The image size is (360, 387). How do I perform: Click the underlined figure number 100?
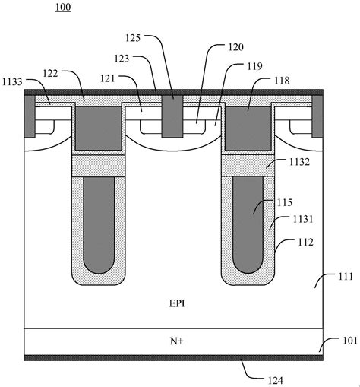63,7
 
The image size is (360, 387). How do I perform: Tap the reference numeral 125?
133,38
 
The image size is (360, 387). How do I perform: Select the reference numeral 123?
122,59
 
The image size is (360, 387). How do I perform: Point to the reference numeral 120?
236,47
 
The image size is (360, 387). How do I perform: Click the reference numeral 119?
254,66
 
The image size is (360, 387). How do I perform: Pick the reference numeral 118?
282,81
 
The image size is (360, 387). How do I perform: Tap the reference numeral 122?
51,73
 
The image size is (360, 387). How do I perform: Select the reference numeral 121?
108,78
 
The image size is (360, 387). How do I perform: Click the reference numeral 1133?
12,82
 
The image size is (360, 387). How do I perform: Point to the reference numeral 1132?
299,162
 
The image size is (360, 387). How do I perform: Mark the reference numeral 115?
285,202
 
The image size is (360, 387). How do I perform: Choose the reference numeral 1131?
303,219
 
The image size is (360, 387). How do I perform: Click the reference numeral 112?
305,243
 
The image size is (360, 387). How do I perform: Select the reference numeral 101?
350,341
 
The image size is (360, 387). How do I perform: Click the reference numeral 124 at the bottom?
276,381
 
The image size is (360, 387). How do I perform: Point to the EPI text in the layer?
177,303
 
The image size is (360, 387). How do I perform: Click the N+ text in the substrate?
177,341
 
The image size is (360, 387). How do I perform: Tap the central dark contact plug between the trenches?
172,116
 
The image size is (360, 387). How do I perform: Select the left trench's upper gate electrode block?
99,128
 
